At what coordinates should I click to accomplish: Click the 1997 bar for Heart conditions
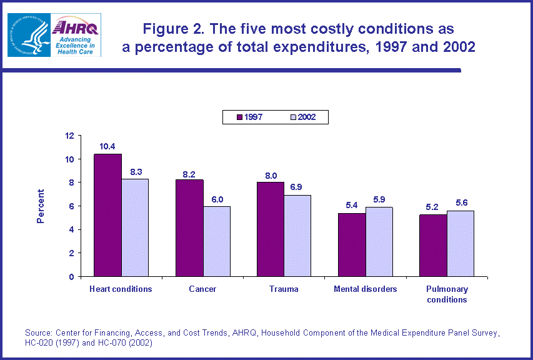click(x=107, y=215)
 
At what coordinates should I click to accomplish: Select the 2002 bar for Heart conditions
click(x=135, y=227)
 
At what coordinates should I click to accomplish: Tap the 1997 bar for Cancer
click(x=189, y=228)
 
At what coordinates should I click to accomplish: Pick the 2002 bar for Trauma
click(x=297, y=236)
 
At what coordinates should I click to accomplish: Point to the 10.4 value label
click(x=107, y=147)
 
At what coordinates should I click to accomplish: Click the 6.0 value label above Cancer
click(x=216, y=199)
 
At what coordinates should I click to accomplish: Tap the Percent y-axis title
click(x=41, y=206)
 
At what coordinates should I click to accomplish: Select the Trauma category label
click(x=284, y=289)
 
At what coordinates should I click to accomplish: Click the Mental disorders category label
click(x=365, y=289)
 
